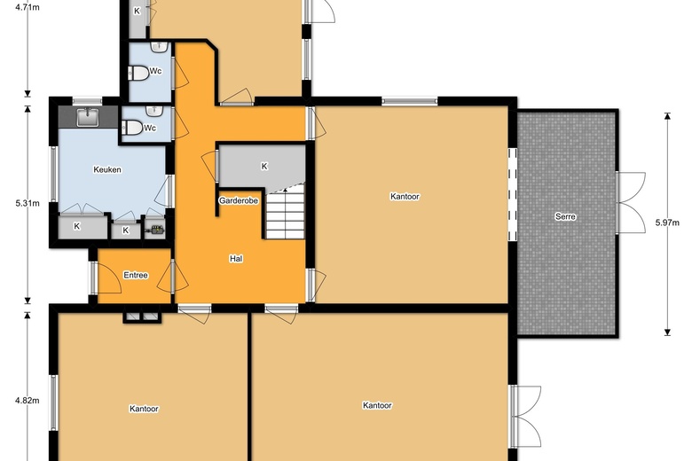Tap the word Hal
click(x=236, y=259)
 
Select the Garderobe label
click(x=239, y=201)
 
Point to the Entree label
click(x=136, y=275)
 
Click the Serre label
click(x=564, y=216)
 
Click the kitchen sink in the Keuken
click(x=88, y=116)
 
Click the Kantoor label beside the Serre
click(x=405, y=196)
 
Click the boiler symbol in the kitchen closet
click(x=157, y=230)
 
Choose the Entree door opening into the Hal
click(x=175, y=277)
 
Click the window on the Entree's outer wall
click(x=93, y=277)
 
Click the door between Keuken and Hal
click(x=169, y=188)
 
